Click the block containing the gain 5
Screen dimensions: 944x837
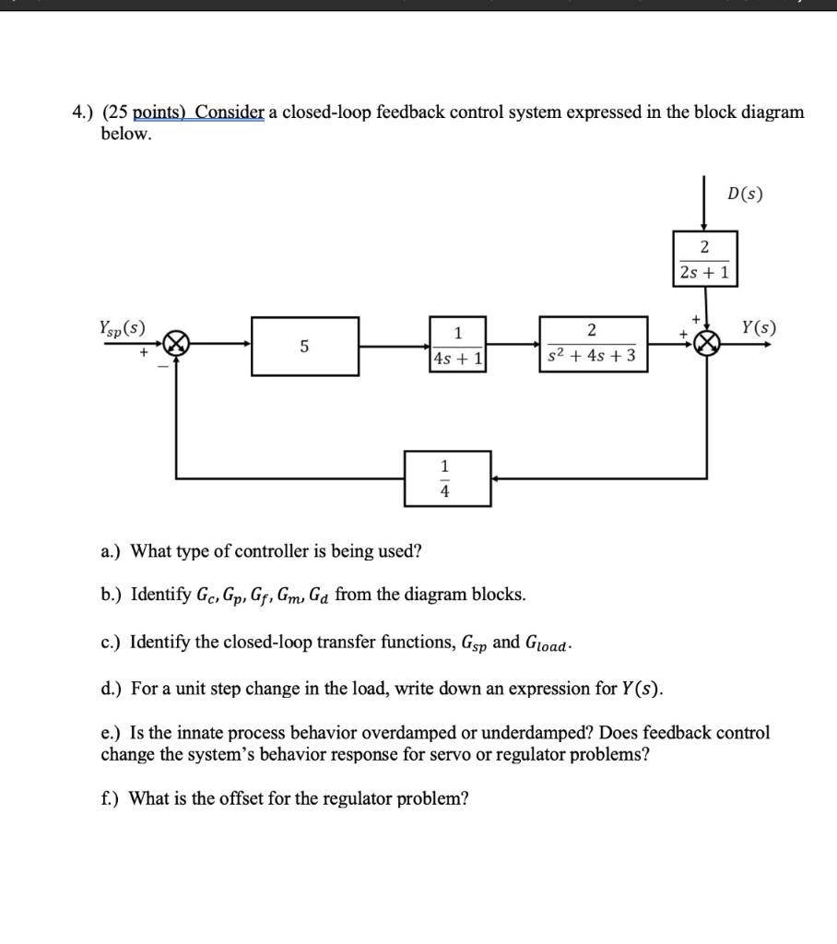tap(305, 347)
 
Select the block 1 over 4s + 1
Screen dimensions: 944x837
tap(457, 346)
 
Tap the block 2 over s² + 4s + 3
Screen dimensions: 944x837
tap(593, 344)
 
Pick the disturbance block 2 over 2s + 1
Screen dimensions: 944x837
tap(705, 259)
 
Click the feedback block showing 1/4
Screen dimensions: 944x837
tap(447, 478)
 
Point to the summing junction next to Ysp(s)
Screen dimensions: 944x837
tap(176, 346)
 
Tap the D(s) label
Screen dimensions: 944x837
tap(745, 195)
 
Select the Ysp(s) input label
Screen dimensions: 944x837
tap(122, 327)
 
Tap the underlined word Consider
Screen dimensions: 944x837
tap(230, 112)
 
